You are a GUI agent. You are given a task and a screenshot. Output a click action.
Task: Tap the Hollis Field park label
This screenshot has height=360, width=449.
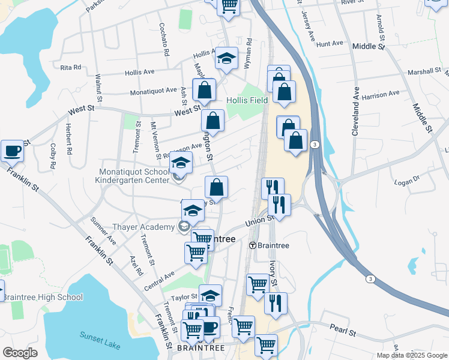click(x=247, y=100)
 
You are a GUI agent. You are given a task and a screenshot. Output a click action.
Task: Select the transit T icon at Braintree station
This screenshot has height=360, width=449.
click(x=253, y=245)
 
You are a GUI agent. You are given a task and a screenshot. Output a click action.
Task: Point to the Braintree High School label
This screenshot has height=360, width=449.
click(x=43, y=297)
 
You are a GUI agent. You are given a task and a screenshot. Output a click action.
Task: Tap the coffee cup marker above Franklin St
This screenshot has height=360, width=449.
click(x=12, y=151)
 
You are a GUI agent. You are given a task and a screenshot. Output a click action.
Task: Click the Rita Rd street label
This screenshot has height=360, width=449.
click(x=71, y=67)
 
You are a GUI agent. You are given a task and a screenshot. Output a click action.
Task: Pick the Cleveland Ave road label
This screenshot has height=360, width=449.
click(x=355, y=113)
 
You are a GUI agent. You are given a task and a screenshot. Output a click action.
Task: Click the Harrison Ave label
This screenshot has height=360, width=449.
click(x=381, y=94)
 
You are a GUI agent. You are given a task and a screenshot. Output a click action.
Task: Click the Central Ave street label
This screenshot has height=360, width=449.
click(x=159, y=280)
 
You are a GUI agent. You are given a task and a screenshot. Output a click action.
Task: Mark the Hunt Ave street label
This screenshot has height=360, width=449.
click(x=329, y=44)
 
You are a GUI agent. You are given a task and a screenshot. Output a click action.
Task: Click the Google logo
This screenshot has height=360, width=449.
click(x=20, y=353)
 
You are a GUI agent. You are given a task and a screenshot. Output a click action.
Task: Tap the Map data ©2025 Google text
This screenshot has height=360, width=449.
click(x=411, y=355)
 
